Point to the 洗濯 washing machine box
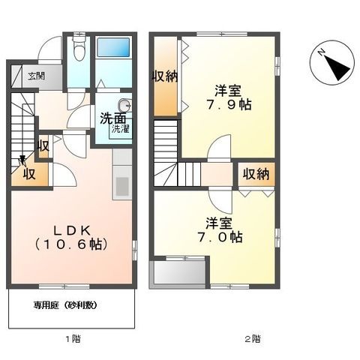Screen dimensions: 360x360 coord(120,128)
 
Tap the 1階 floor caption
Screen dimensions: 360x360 coord(72,340)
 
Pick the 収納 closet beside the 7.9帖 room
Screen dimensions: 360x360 coord(165,78)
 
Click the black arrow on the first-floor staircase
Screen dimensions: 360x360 coord(24,160)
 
